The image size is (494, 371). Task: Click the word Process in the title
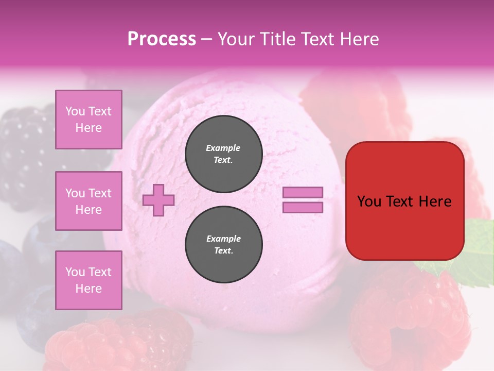pyautogui.click(x=162, y=39)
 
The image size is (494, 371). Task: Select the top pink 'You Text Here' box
pyautogui.click(x=89, y=120)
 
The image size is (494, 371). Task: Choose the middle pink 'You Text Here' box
pyautogui.click(x=89, y=201)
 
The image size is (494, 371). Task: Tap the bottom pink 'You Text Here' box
pyautogui.click(x=89, y=280)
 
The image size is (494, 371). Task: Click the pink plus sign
pyautogui.click(x=158, y=200)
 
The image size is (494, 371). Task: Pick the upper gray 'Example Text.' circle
pyautogui.click(x=223, y=154)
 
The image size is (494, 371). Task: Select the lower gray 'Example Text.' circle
pyautogui.click(x=223, y=244)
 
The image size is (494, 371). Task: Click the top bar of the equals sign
pyautogui.click(x=303, y=193)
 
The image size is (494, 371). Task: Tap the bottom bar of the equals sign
pyautogui.click(x=303, y=208)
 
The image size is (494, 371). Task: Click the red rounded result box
pyautogui.click(x=404, y=201)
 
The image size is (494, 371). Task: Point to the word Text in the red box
pyautogui.click(x=404, y=201)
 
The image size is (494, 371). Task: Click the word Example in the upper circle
pyautogui.click(x=223, y=148)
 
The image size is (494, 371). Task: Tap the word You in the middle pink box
pyautogui.click(x=75, y=193)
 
